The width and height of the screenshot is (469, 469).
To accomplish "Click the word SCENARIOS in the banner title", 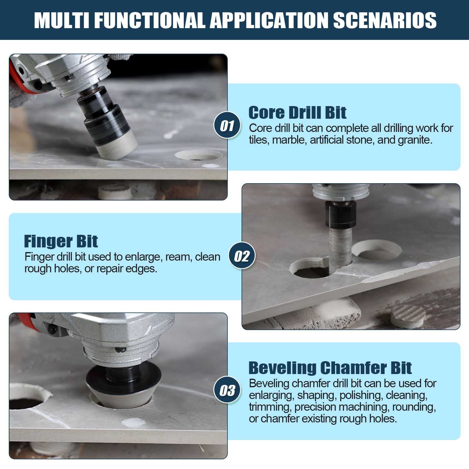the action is click(385, 20).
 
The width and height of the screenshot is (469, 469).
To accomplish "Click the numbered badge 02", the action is click(242, 256).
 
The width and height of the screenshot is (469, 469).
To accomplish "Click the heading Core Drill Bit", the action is click(298, 113).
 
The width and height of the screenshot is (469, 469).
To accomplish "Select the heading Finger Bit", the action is click(61, 241).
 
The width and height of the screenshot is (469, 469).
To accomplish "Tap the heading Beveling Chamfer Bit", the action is click(330, 368).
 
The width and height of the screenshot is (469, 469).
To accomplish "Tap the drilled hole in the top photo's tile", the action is click(198, 155).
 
